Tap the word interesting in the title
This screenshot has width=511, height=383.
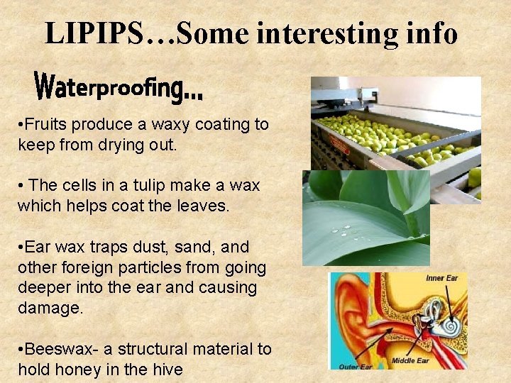336,33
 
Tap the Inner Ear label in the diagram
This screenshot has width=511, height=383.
441,278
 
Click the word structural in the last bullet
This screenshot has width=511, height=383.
159,349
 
